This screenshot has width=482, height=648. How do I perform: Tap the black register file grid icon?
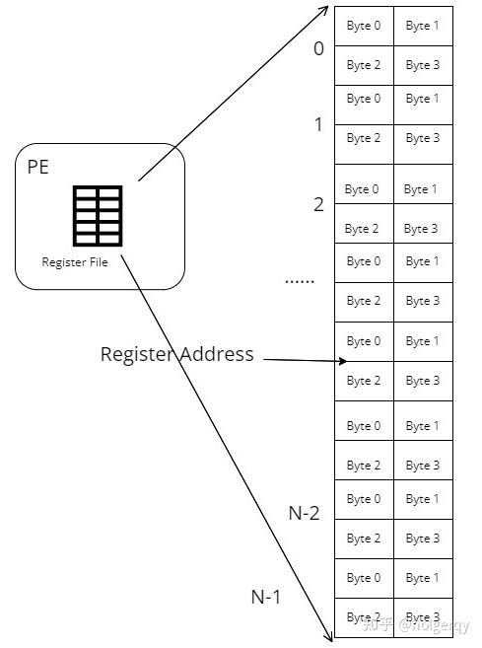[x=98, y=215]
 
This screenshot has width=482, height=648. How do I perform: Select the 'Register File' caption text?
[x=75, y=262]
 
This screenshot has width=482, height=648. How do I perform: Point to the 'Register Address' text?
[x=176, y=354]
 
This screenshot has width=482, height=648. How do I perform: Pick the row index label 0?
[x=318, y=47]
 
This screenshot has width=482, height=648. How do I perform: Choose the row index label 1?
[x=318, y=124]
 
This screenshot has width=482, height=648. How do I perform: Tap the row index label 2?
[x=318, y=205]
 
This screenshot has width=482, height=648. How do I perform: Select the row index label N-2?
[x=304, y=513]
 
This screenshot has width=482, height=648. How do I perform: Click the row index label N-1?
[x=266, y=596]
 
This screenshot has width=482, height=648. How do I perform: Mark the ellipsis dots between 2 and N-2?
[x=299, y=281]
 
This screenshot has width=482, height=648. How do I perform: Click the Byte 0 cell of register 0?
[x=364, y=26]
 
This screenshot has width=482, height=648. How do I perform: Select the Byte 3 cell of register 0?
[x=423, y=65]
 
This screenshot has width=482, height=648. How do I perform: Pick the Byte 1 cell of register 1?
[x=423, y=99]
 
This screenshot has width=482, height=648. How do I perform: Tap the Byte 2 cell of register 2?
[x=362, y=229]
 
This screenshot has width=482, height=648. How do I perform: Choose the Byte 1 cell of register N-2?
[x=423, y=499]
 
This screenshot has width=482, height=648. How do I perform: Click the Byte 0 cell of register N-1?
[x=364, y=578]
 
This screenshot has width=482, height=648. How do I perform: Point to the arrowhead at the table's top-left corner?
[x=326, y=9]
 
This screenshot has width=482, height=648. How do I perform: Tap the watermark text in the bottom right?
[x=417, y=624]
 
